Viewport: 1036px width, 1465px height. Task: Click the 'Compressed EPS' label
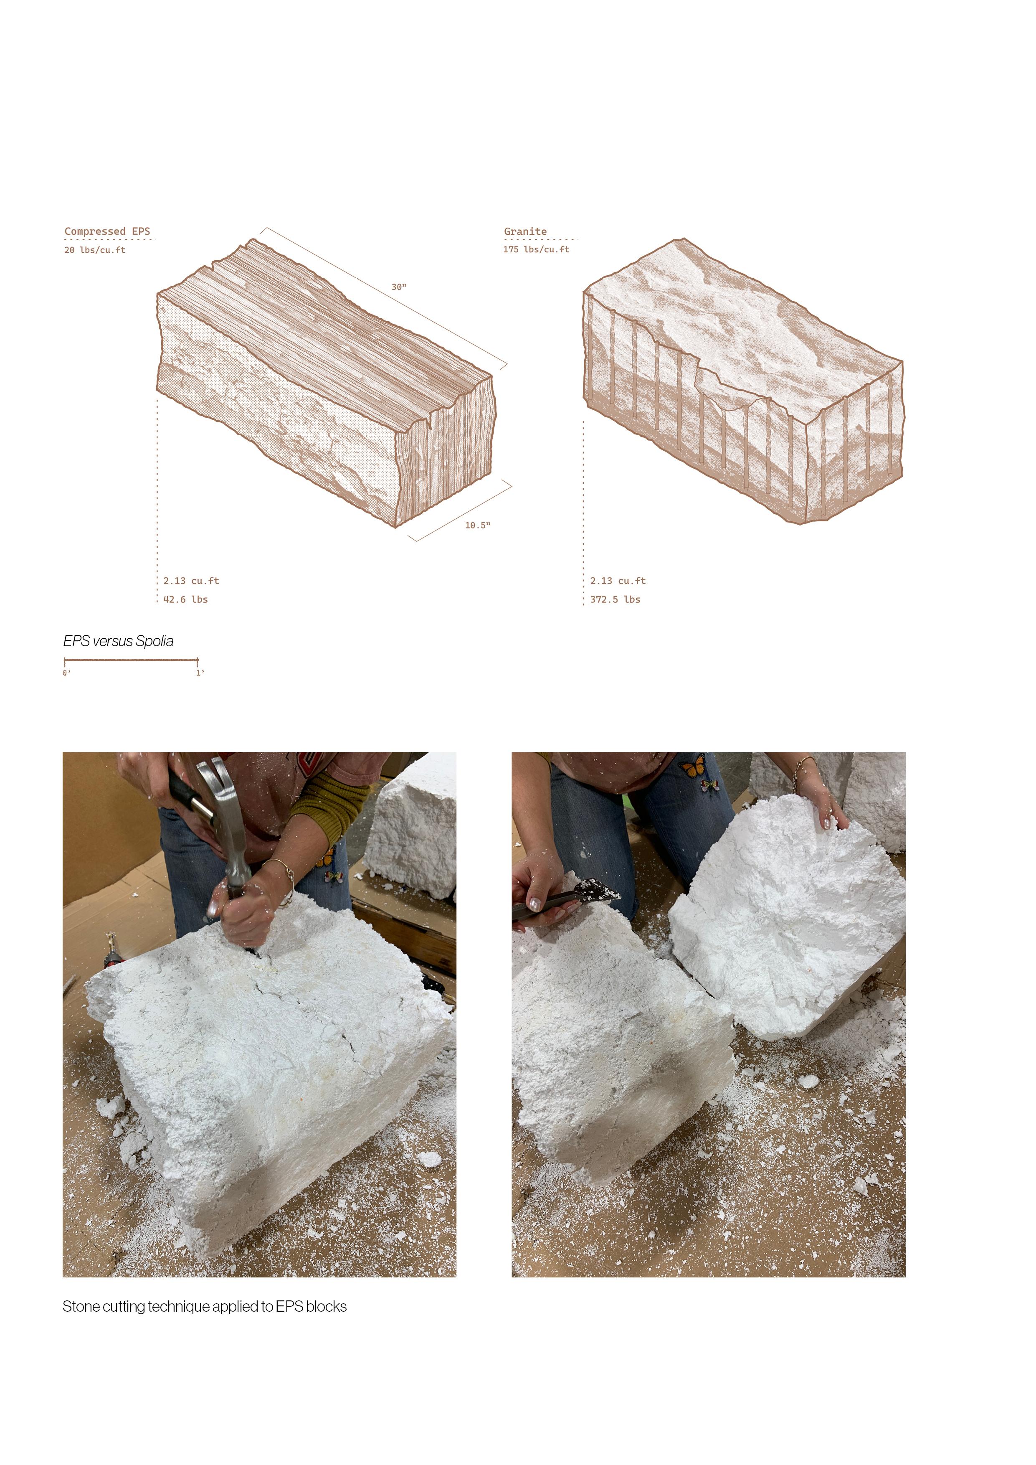click(107, 231)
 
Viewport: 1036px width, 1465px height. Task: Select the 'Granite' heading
click(525, 231)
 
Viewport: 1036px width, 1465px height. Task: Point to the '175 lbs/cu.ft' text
click(536, 249)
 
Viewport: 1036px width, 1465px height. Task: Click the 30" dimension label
click(399, 287)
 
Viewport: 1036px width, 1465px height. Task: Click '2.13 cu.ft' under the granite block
click(618, 581)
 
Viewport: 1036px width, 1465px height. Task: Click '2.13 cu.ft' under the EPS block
click(191, 581)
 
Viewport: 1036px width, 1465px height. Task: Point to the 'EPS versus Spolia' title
click(118, 641)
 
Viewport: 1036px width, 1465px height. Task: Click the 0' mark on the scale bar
click(66, 673)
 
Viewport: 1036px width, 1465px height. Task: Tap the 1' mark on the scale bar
click(200, 673)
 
